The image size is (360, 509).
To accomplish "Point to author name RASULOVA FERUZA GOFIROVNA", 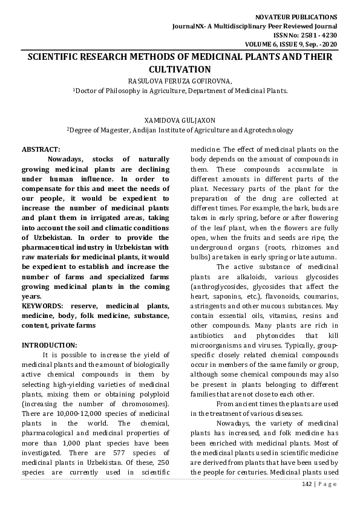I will (x=180, y=80).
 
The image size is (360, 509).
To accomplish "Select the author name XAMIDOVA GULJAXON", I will (x=180, y=120).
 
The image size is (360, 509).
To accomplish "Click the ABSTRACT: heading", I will (x=41, y=149).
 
